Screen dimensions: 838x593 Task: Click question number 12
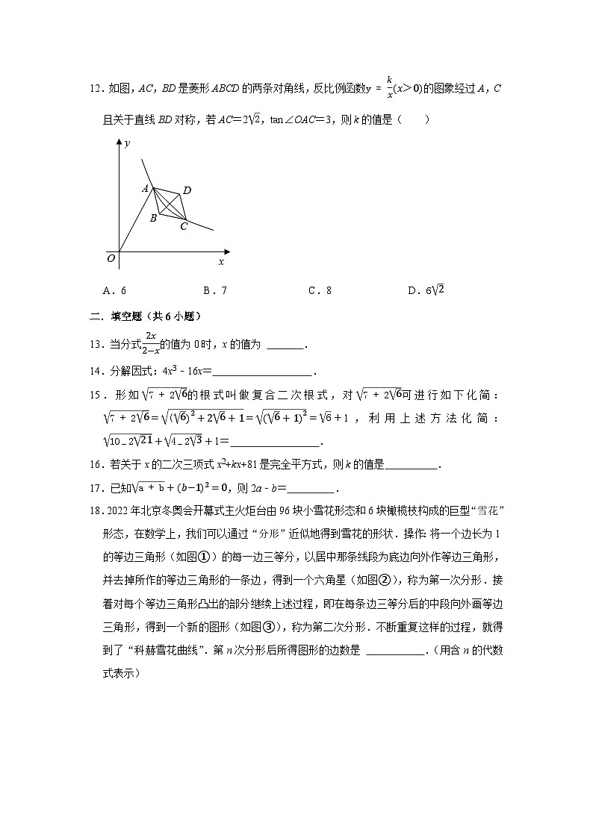pyautogui.click(x=95, y=89)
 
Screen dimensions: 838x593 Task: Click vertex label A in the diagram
pyautogui.click(x=146, y=189)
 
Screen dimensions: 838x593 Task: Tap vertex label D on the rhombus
pyautogui.click(x=187, y=191)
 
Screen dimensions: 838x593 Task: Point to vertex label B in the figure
pyautogui.click(x=152, y=218)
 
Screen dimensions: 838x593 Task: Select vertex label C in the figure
pyautogui.click(x=184, y=226)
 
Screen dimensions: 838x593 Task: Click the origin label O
pyautogui.click(x=111, y=258)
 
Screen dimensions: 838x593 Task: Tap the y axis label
pyautogui.click(x=128, y=143)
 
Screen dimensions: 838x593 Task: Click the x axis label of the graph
pyautogui.click(x=220, y=262)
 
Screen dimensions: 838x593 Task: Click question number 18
pyautogui.click(x=95, y=514)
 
